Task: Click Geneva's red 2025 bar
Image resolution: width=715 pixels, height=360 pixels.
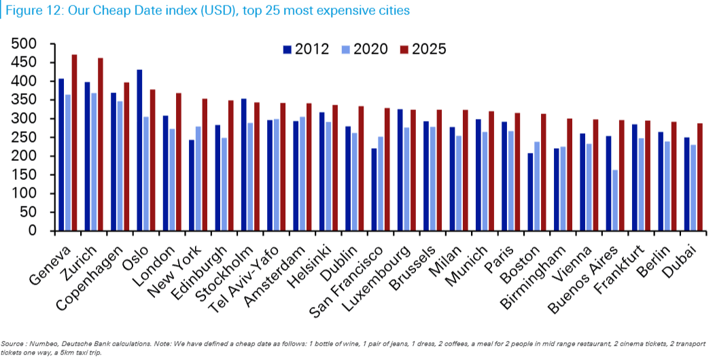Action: pyautogui.click(x=75, y=143)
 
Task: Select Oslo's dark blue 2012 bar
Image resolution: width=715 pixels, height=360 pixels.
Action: pyautogui.click(x=139, y=150)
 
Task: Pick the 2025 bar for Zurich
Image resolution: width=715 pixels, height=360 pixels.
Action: pyautogui.click(x=101, y=144)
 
